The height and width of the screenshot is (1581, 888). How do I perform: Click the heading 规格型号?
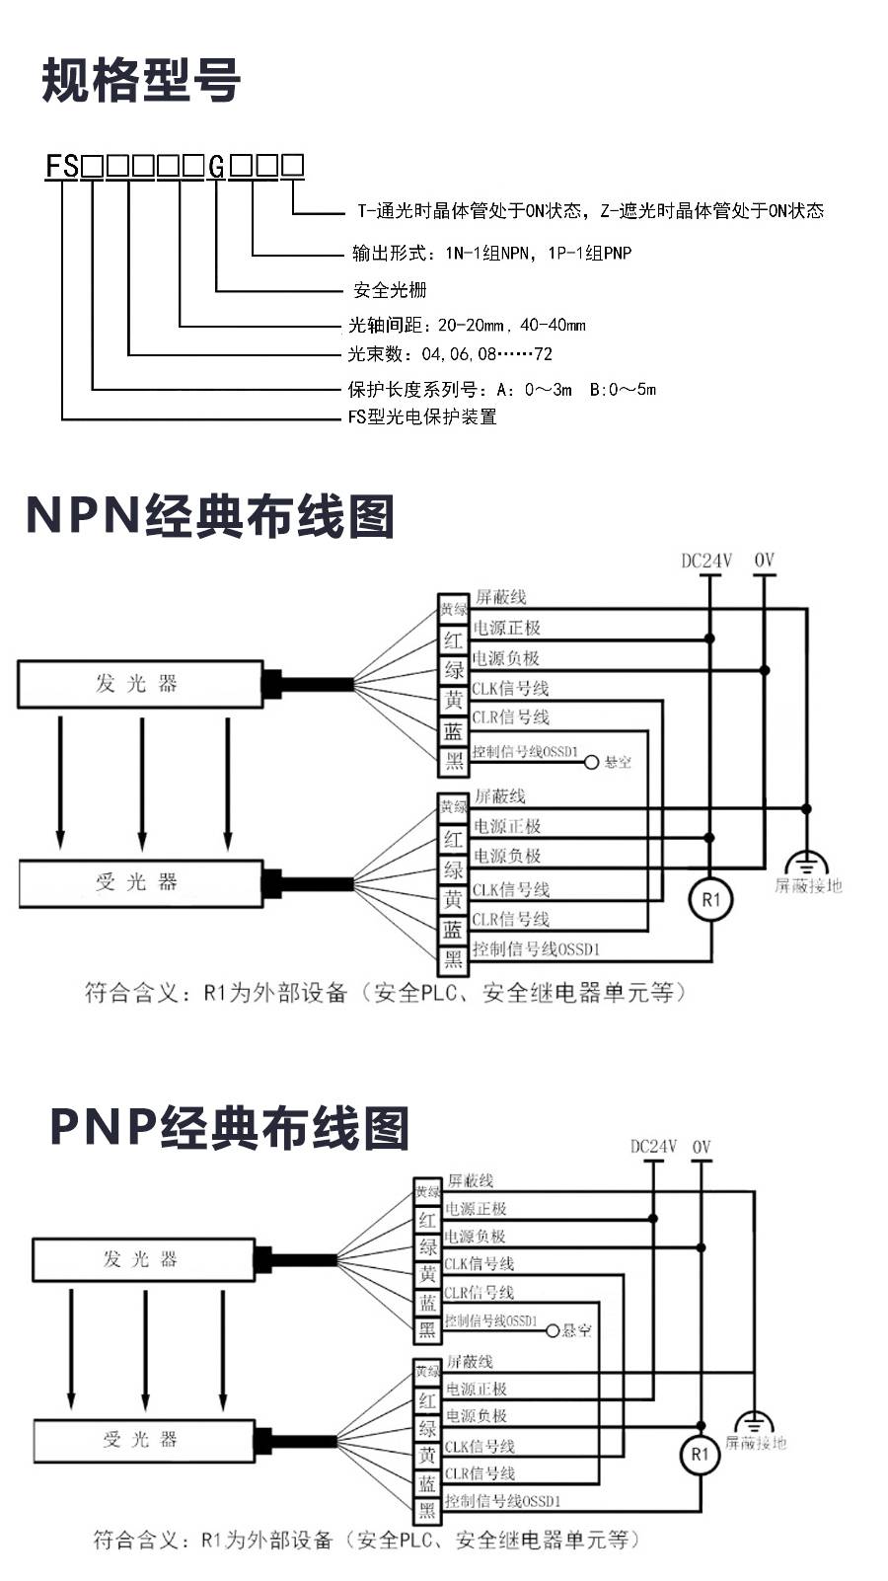[x=141, y=81]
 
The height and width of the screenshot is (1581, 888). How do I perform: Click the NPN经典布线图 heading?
[x=209, y=516]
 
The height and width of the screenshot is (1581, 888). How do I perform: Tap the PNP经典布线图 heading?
[x=229, y=1128]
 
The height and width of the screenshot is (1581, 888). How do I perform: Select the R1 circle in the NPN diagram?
[x=711, y=900]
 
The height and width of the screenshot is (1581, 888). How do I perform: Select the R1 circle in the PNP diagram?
[x=700, y=1454]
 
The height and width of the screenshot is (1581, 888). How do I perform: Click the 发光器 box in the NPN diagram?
[x=139, y=684]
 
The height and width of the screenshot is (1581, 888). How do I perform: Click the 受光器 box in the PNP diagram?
[x=143, y=1440]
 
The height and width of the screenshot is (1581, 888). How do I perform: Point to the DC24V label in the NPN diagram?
[x=706, y=562]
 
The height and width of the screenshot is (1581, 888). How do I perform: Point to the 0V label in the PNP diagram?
[x=702, y=1147]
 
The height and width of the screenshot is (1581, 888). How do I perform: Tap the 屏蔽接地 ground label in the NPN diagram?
[x=808, y=885]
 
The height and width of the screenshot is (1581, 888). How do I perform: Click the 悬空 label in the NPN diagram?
[x=618, y=762]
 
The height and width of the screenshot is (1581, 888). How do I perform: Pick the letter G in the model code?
[x=216, y=166]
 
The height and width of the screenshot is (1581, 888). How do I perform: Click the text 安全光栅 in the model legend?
[x=390, y=290]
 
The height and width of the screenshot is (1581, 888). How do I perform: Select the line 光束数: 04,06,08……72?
[x=450, y=354]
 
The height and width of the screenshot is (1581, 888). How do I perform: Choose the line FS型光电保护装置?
[x=422, y=416]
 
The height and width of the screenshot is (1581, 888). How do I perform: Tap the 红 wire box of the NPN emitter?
[x=453, y=640]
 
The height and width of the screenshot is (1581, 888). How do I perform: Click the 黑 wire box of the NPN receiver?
[x=453, y=959]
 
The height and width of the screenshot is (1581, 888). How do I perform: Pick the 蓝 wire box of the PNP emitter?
[x=427, y=1303]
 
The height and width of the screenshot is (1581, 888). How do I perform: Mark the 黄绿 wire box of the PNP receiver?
[x=427, y=1372]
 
